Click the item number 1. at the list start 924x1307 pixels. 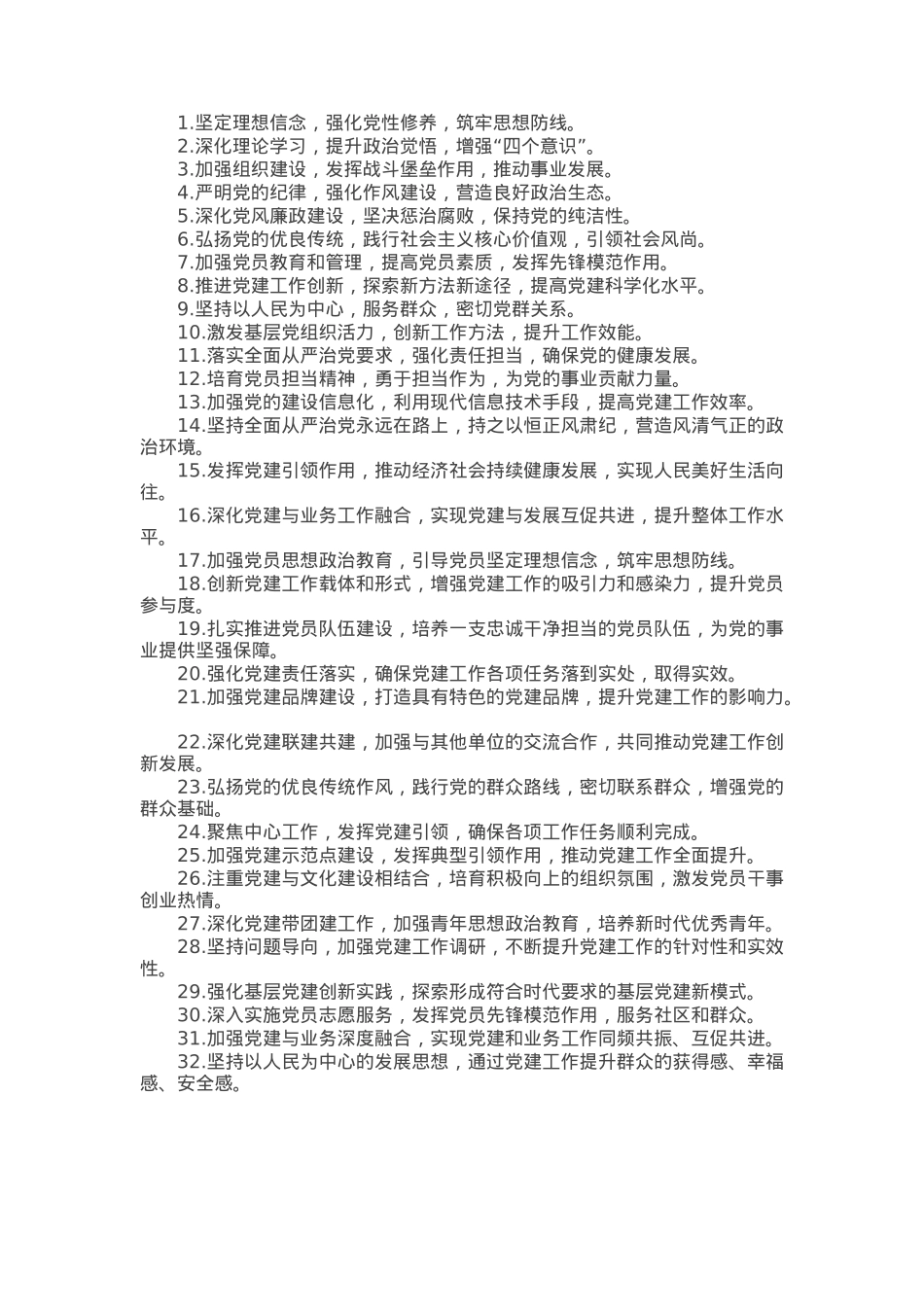point(185,123)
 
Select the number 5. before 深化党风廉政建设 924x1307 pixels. point(185,216)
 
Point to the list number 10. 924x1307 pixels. point(190,333)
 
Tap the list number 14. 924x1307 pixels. point(190,425)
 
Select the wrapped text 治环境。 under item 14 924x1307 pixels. point(173,447)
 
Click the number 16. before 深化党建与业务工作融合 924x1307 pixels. point(190,515)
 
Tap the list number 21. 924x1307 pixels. point(190,696)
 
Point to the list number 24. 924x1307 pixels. point(190,831)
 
